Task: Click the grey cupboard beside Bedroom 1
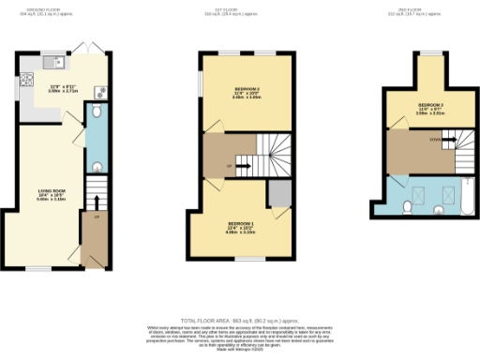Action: [x=277, y=193]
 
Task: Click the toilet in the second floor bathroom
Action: [x=407, y=206]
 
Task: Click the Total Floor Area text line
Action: [x=240, y=320]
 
